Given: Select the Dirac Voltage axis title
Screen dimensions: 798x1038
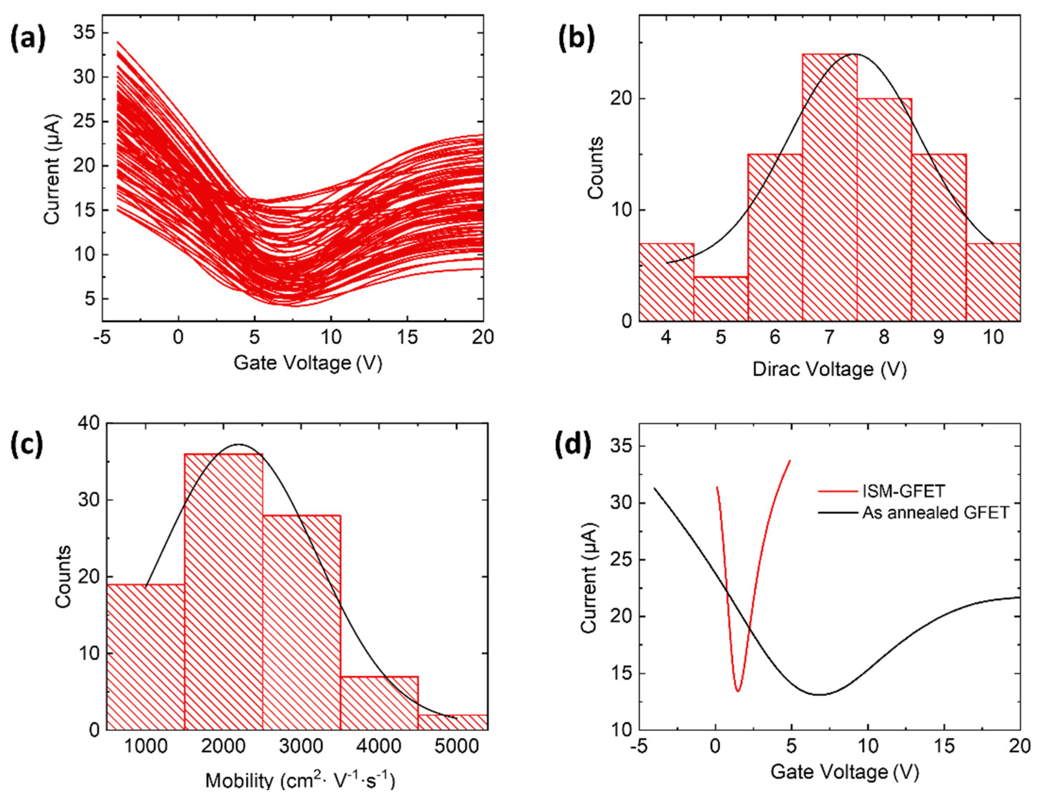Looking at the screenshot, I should coord(829,369).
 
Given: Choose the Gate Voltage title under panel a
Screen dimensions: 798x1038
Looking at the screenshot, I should coord(308,363).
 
